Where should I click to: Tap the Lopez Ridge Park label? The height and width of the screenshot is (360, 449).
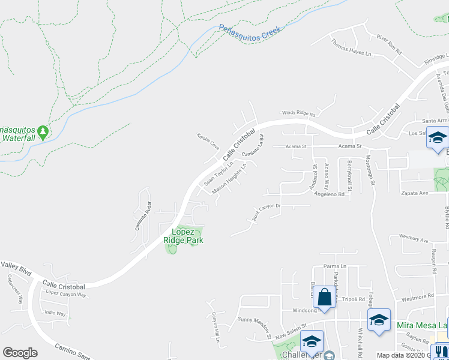[187, 236]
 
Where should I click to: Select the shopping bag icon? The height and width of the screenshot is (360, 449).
[325, 297]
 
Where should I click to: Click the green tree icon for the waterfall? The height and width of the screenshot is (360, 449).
[42, 131]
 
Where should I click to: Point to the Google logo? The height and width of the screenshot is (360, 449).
[20, 353]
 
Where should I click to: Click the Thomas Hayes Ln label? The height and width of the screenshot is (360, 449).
[352, 47]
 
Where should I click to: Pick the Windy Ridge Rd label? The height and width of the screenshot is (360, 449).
[298, 113]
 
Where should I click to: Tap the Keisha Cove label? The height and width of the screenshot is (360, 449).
[208, 142]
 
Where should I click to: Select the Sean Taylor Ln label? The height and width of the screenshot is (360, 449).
[217, 173]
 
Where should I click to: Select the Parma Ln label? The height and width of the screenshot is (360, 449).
[335, 266]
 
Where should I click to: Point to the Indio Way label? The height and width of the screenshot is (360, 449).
[55, 313]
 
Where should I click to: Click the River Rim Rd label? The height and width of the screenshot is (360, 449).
[388, 46]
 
